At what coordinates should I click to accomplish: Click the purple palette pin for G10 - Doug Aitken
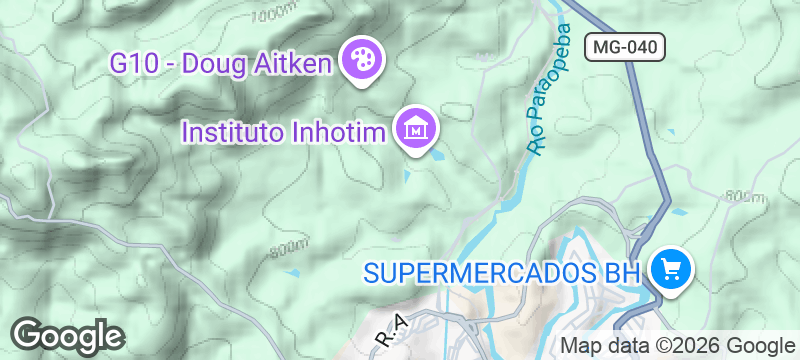(357, 62)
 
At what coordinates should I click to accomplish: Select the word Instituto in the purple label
(231, 131)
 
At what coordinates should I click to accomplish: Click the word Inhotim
(337, 131)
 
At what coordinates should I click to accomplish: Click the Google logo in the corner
(67, 334)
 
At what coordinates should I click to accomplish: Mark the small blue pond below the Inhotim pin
(406, 176)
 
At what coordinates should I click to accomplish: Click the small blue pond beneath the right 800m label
(680, 213)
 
